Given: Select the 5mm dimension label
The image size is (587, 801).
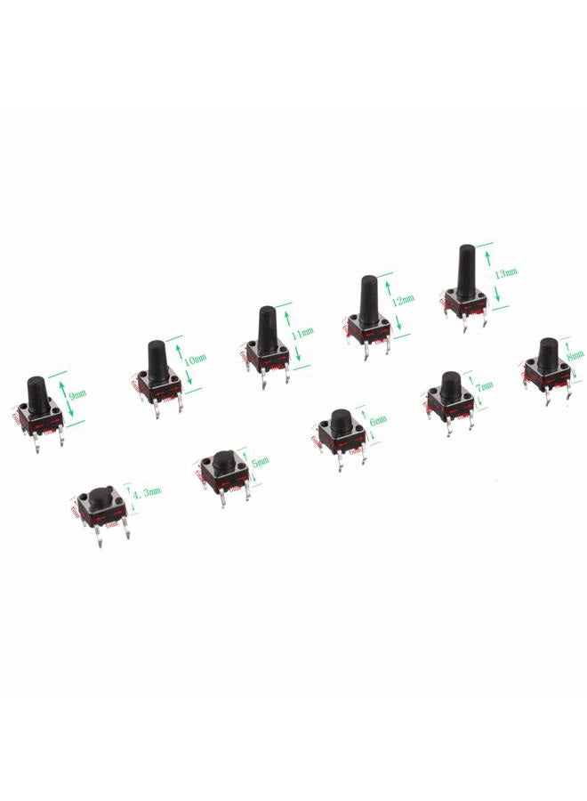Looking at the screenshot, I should (261, 463).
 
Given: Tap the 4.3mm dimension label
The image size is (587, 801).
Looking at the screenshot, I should (146, 490).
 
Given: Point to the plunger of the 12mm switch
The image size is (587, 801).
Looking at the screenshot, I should (366, 301).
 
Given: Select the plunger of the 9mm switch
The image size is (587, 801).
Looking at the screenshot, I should (37, 392).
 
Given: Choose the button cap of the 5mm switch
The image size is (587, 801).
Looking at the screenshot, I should (221, 460).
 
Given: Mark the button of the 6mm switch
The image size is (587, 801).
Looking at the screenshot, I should (340, 419).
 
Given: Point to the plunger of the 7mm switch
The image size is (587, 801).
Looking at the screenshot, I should (449, 384).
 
